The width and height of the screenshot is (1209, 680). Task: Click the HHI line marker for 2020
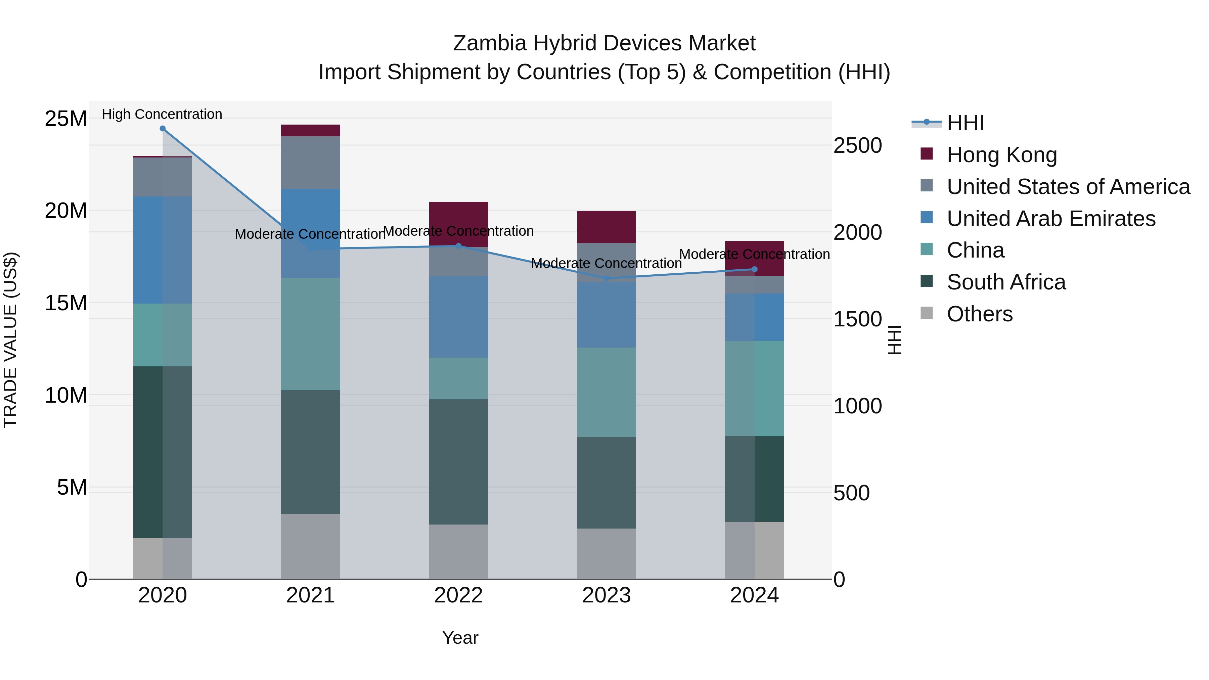coord(163,129)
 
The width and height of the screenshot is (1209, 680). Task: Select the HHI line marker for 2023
coord(607,278)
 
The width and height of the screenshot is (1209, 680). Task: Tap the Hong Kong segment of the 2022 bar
coord(458,224)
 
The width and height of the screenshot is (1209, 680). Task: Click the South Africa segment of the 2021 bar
coord(310,452)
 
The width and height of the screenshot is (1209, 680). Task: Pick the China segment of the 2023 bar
coord(607,392)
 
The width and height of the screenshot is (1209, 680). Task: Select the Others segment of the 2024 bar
coord(754,550)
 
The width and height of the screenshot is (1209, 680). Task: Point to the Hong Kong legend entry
coord(1001,155)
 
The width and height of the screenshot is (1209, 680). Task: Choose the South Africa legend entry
coord(1006,282)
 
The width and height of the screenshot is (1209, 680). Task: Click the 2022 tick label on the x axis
coord(458,595)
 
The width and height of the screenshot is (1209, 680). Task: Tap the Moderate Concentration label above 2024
coord(754,254)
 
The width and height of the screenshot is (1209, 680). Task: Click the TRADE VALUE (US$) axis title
coord(10,340)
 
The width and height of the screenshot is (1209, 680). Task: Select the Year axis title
coord(460,638)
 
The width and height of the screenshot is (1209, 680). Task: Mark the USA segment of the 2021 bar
coord(310,163)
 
